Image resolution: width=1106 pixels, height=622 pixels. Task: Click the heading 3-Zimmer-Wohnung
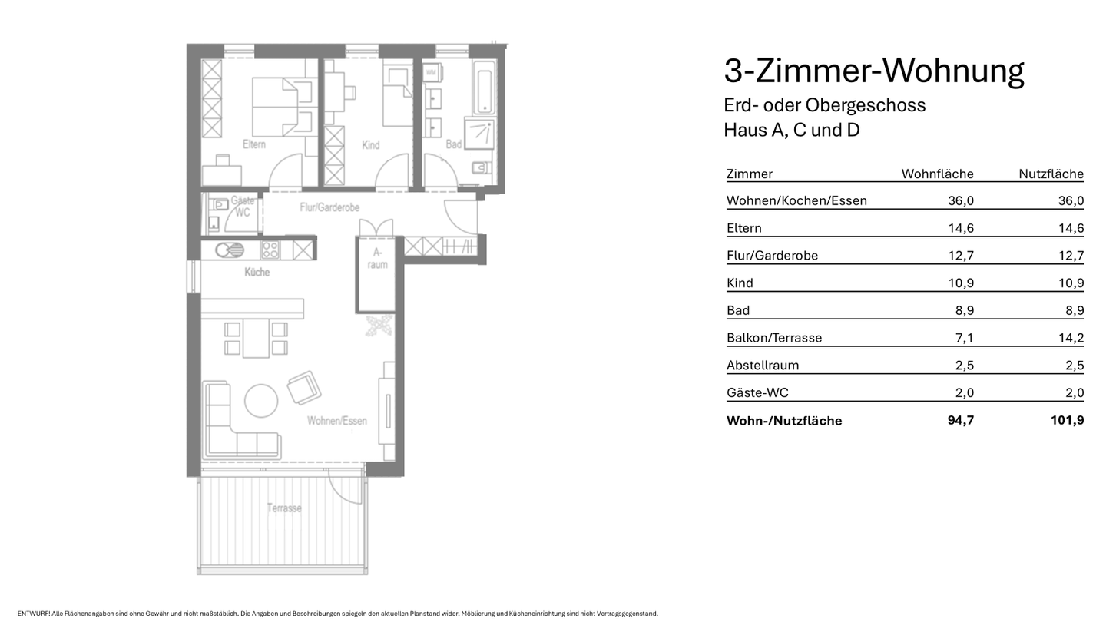tap(873, 71)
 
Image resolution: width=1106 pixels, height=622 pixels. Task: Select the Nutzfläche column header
tap(1051, 174)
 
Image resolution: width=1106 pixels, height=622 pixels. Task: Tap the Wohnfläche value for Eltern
tap(961, 228)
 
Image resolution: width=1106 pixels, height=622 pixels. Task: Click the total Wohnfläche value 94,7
tap(960, 421)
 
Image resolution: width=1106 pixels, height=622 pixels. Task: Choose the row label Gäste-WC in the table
tap(757, 393)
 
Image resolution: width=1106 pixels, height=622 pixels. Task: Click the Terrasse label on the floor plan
tap(284, 508)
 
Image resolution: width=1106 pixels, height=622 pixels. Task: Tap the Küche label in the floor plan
tap(257, 272)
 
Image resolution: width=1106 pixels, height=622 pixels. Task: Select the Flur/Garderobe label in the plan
tap(329, 207)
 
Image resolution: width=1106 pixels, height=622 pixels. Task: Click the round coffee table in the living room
tap(261, 400)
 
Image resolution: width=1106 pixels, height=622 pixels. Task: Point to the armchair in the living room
tap(304, 387)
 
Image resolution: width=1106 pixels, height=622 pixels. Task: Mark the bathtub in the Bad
tap(484, 91)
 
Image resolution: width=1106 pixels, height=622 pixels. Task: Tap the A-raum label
tap(377, 258)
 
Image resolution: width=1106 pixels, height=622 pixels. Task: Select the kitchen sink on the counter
tap(229, 250)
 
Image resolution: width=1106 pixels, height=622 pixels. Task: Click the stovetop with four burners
tap(270, 250)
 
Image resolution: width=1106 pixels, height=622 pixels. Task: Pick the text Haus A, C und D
tap(791, 130)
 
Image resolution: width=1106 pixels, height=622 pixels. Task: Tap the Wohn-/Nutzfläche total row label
tap(783, 421)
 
